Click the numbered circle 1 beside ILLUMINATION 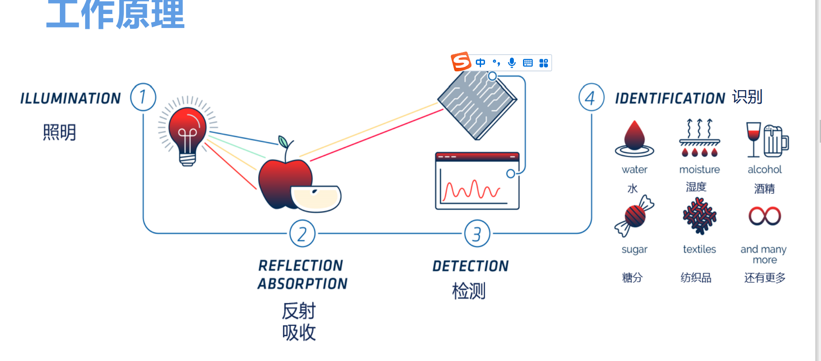click(x=143, y=97)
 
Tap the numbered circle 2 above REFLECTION click(x=302, y=234)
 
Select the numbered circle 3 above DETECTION click(x=477, y=234)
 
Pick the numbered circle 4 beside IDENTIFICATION click(x=591, y=97)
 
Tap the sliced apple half click(x=316, y=198)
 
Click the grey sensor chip click(x=477, y=104)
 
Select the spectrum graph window click(x=477, y=181)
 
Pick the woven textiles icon click(x=700, y=216)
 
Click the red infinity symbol click(x=765, y=216)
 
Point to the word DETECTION click(x=471, y=266)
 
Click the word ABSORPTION click(x=302, y=284)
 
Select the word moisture click(x=700, y=169)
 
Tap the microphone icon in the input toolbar click(x=512, y=63)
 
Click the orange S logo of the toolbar click(x=461, y=62)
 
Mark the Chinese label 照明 click(x=59, y=132)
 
